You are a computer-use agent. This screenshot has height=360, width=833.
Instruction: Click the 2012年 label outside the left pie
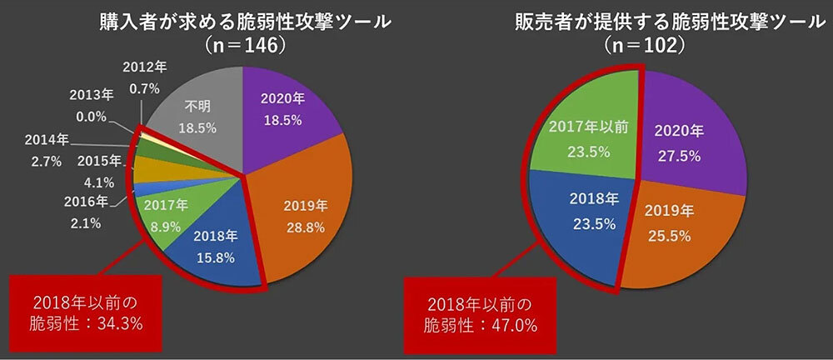click(x=144, y=65)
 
